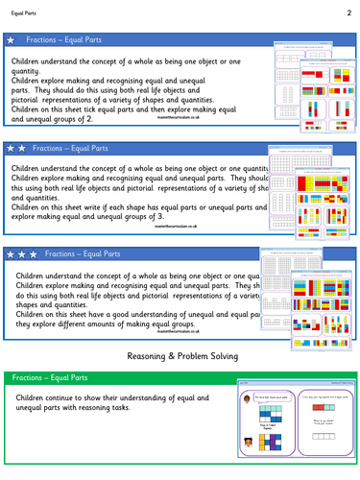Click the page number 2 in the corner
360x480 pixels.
pos(347,13)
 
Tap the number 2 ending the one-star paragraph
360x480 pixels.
pos(91,119)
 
